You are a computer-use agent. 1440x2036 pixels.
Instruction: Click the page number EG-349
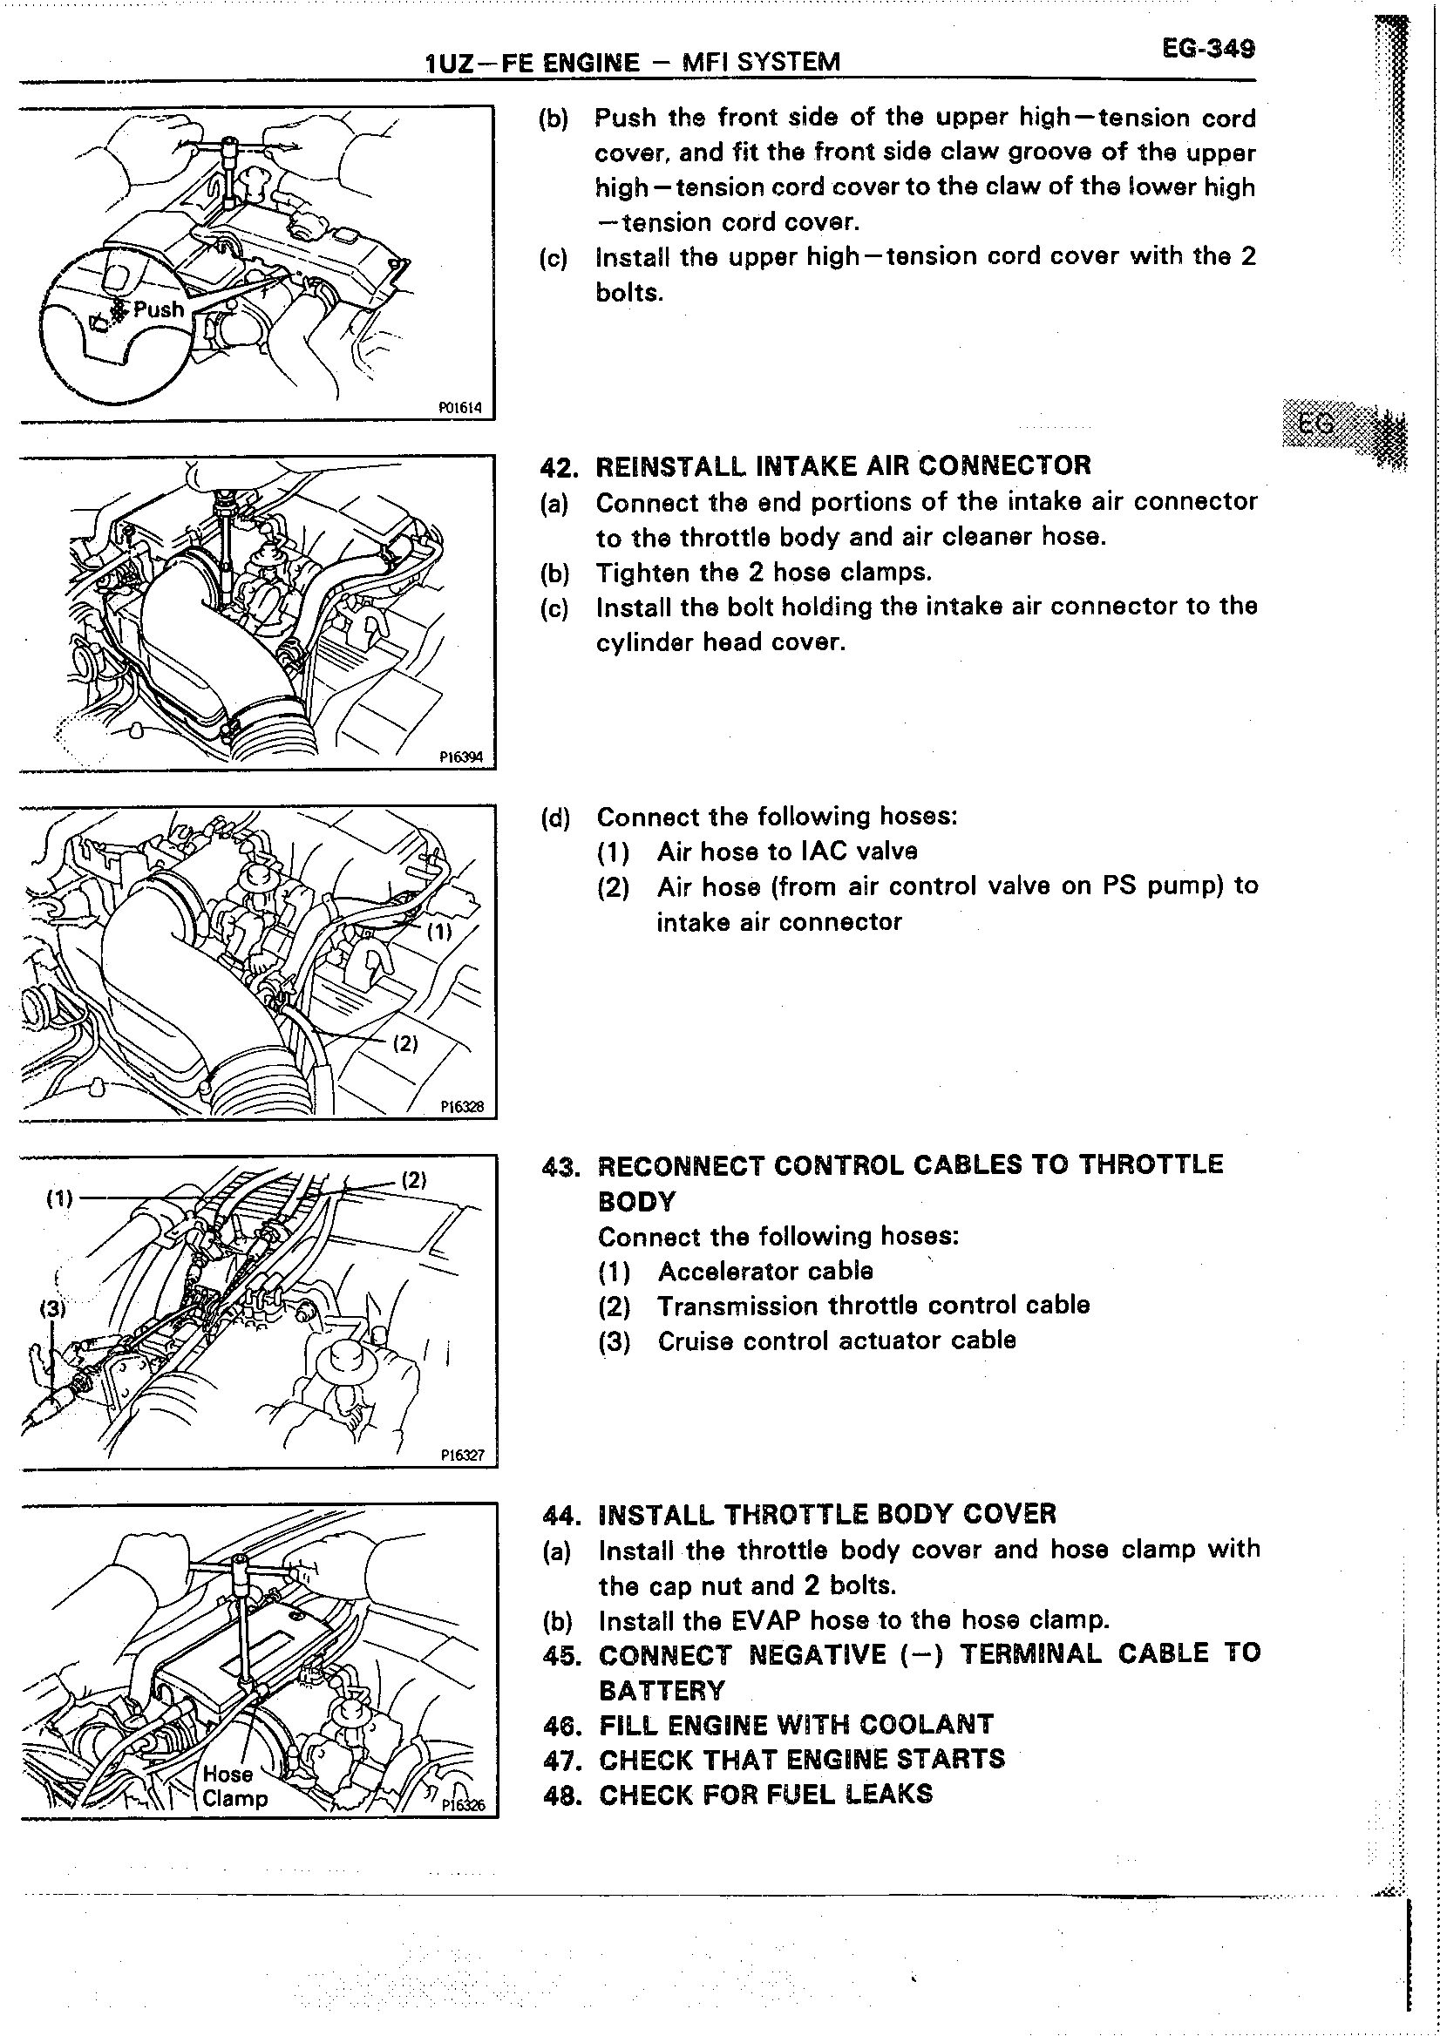point(1207,48)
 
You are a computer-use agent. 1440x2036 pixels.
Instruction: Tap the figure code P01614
point(460,408)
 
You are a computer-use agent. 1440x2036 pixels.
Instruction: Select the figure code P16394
point(461,757)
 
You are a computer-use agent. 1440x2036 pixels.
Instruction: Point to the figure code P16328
point(462,1106)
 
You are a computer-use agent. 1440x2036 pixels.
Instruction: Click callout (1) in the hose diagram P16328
point(439,931)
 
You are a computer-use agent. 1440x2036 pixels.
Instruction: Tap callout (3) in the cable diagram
point(52,1308)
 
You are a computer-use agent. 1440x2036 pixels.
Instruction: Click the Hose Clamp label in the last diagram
point(234,1785)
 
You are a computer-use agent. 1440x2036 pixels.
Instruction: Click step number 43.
point(560,1165)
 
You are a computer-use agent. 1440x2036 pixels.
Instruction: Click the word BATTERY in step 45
point(662,1690)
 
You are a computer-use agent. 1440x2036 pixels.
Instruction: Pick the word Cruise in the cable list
point(696,1340)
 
